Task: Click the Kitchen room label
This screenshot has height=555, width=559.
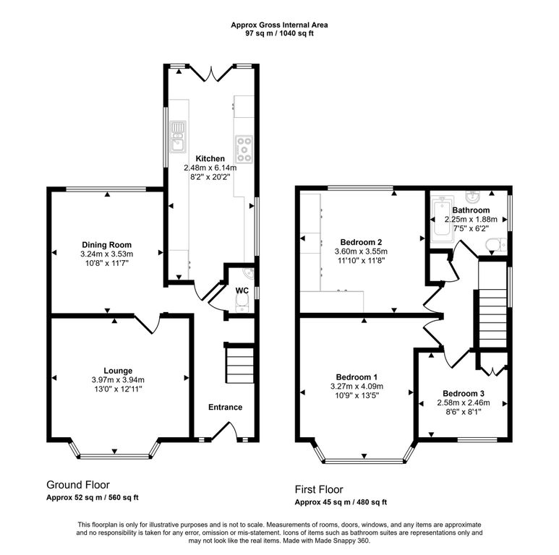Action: (210, 158)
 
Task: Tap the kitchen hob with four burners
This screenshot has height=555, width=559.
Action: (244, 150)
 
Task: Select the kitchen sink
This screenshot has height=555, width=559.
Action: (178, 137)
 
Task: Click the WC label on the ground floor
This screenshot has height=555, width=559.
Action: (242, 291)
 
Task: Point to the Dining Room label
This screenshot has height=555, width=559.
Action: (106, 245)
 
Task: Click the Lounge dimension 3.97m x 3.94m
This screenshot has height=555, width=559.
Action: (118, 379)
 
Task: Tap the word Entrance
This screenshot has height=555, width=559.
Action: (226, 407)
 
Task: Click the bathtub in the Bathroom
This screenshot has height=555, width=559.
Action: (442, 219)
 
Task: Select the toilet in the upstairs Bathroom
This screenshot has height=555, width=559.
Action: (496, 245)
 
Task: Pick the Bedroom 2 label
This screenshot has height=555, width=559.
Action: (361, 242)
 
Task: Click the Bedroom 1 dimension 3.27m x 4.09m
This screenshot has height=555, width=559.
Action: (357, 386)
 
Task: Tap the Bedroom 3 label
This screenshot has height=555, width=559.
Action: (464, 394)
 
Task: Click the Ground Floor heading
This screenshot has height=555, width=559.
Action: (78, 484)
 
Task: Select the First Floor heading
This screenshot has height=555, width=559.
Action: (319, 489)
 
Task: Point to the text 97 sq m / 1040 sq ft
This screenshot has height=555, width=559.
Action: (279, 33)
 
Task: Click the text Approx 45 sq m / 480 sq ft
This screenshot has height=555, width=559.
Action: (341, 502)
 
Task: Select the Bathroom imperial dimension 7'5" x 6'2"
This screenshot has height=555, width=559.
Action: (471, 228)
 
